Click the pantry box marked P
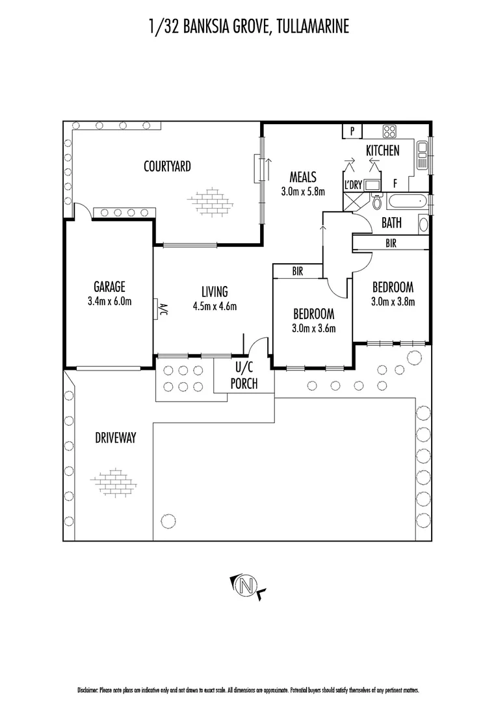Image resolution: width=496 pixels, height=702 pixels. (352, 131)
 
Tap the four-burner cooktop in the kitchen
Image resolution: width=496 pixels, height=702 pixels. (390, 131)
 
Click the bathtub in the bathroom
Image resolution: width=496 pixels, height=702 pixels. (407, 201)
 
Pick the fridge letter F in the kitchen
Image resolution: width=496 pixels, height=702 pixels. (395, 183)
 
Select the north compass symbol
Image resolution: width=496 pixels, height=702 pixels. (246, 586)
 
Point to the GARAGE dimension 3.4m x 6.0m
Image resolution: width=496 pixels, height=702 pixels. (109, 301)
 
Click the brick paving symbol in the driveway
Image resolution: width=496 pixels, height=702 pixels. (115, 482)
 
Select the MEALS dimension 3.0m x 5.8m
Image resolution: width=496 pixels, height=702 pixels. (302, 191)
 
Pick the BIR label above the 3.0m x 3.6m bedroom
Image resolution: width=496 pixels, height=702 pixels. (297, 271)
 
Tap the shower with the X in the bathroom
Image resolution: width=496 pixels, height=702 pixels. (353, 202)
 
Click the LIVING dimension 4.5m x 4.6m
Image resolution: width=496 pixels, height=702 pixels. (214, 306)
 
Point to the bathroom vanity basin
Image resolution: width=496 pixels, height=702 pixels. (423, 225)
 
